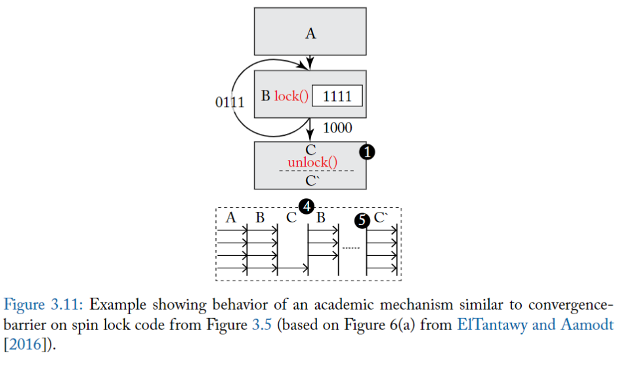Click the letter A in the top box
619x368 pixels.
click(310, 33)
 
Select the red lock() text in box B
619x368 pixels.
click(292, 96)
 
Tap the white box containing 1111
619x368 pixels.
click(337, 96)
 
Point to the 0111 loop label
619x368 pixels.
click(230, 102)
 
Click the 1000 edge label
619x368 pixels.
click(337, 128)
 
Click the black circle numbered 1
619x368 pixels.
click(367, 152)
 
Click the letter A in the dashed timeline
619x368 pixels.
click(230, 218)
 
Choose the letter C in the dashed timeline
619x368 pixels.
click(291, 218)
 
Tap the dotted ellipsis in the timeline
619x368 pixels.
click(352, 248)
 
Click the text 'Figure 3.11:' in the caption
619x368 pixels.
click(44, 305)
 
